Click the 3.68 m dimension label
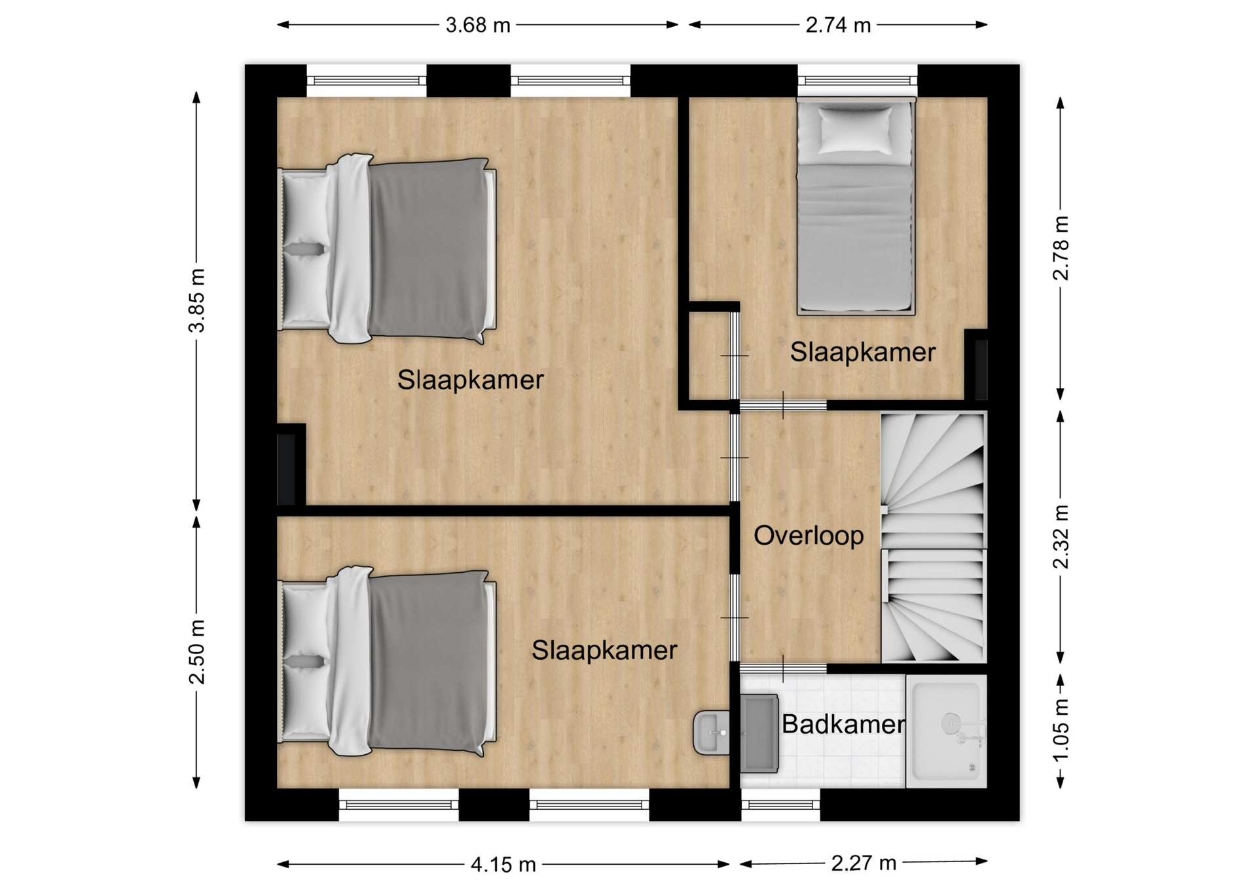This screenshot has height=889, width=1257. point(478,26)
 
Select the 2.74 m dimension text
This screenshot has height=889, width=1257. point(838,26)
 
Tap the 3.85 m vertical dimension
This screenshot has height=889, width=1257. point(197,300)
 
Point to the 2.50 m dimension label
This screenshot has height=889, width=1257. point(197,652)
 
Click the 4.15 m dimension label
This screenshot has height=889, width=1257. point(503,865)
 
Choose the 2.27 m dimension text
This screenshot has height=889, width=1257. point(864,863)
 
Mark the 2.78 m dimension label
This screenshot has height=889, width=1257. point(1061,248)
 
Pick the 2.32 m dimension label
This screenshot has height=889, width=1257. point(1061,537)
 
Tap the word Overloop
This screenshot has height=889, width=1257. point(809,535)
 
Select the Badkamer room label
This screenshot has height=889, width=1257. point(843,724)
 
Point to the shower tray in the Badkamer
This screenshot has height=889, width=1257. point(947,731)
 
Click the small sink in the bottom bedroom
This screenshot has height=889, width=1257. point(712,733)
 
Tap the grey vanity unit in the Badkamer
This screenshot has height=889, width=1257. point(759,734)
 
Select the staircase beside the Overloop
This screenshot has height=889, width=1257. point(933,537)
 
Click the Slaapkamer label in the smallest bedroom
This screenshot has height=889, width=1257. point(863,352)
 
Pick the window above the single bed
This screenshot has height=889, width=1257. point(858,81)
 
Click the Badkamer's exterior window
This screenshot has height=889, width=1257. point(780,805)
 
